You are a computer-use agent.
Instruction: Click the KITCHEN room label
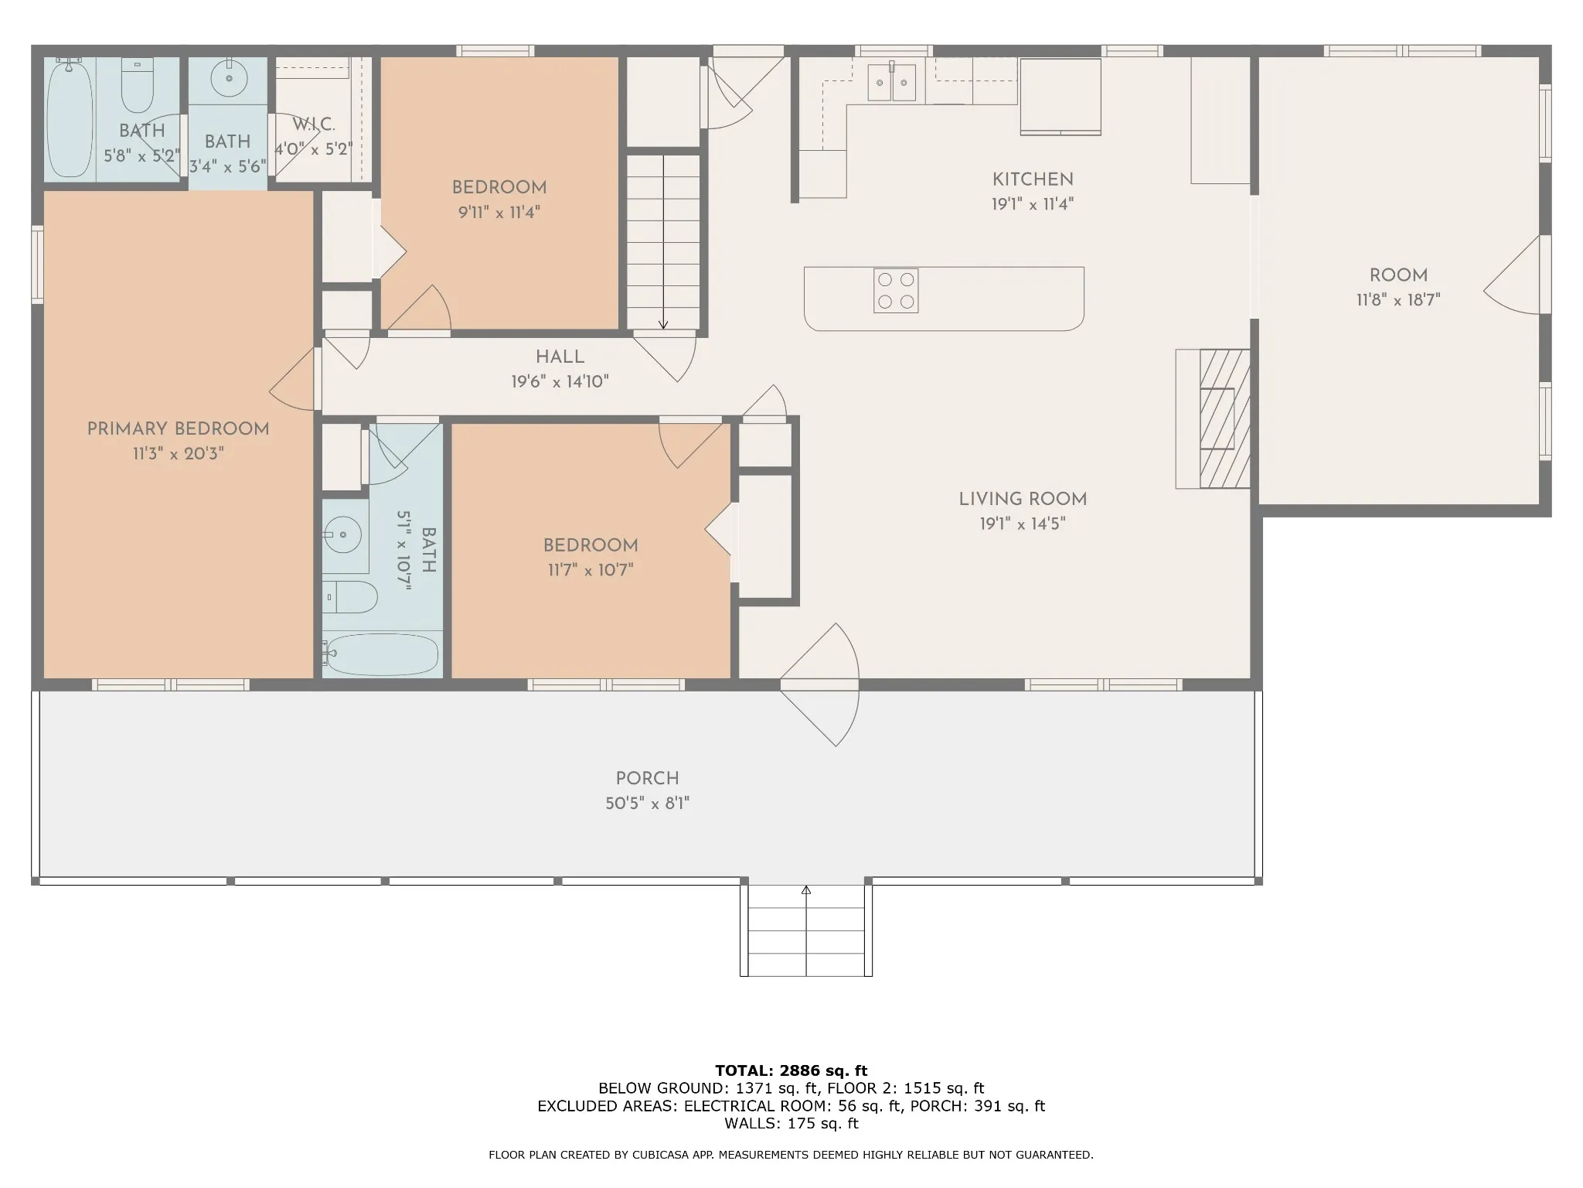[x=1033, y=179]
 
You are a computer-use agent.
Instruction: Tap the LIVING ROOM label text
[x=1023, y=500]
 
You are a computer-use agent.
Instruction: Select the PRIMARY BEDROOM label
[x=178, y=429]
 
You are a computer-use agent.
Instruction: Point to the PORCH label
[x=647, y=779]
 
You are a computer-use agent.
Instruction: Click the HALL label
[x=560, y=357]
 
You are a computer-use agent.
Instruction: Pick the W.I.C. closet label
[x=314, y=125]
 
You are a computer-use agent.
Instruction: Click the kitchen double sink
[x=892, y=83]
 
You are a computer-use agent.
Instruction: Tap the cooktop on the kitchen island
[x=896, y=291]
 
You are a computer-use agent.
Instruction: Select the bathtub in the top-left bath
[x=70, y=118]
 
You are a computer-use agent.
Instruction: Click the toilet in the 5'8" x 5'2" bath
[x=138, y=85]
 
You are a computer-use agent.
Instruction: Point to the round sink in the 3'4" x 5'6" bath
[x=228, y=78]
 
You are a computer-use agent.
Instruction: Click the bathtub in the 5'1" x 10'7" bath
[x=382, y=654]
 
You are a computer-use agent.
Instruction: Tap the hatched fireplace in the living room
[x=1224, y=418]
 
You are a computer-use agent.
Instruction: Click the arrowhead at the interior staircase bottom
[x=663, y=325]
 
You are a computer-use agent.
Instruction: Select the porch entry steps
[x=806, y=930]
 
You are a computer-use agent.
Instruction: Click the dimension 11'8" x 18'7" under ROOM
[x=1398, y=300]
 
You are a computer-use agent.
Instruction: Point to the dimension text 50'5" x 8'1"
[x=647, y=804]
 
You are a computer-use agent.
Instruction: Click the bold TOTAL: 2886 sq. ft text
[x=791, y=1071]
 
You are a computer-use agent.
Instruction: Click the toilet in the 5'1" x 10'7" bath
[x=350, y=597]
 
